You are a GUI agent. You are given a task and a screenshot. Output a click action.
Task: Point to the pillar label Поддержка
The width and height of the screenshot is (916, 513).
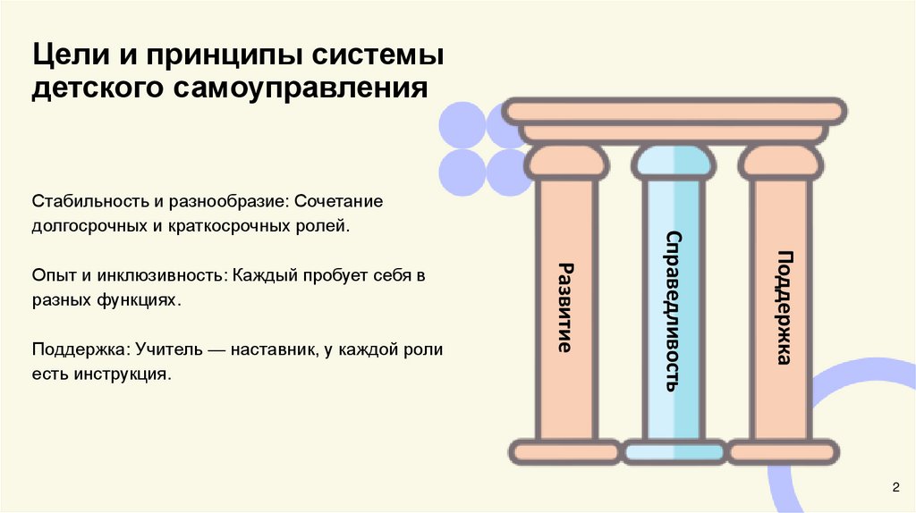(x=785, y=307)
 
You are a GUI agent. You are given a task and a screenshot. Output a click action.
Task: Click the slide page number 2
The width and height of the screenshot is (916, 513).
(x=895, y=485)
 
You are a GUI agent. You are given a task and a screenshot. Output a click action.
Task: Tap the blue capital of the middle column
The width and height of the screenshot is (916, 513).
(x=674, y=163)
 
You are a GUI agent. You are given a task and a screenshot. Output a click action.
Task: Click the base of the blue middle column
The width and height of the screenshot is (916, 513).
(x=674, y=452)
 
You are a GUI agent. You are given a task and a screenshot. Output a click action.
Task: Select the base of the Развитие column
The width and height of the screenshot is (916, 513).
(x=564, y=452)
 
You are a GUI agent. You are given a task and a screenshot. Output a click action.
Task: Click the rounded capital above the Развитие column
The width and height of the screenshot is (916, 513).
(x=564, y=163)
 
